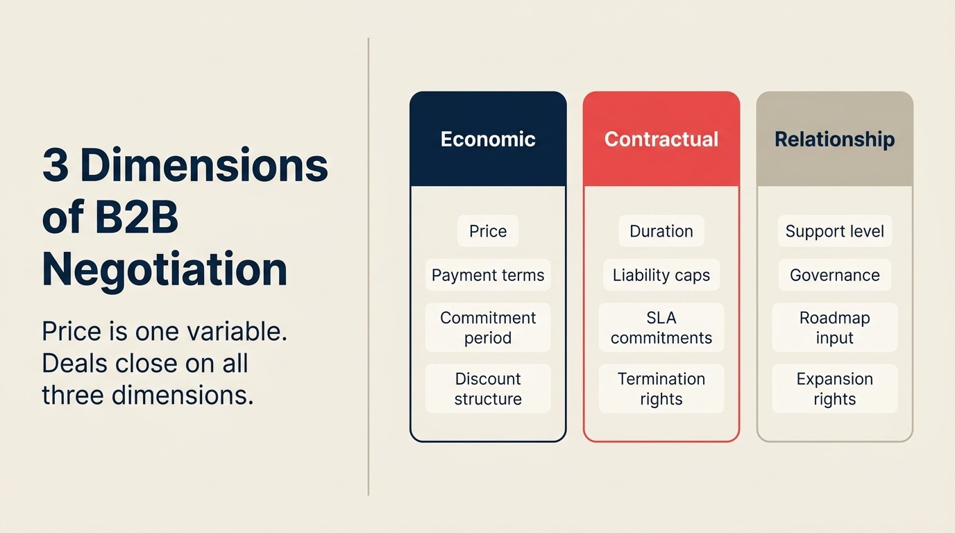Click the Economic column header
pos(488,139)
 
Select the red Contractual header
pos(661,139)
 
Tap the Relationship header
pos(834,139)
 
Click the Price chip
pos(488,231)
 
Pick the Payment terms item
pos(488,275)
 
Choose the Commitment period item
pos(488,328)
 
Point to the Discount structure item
pos(488,389)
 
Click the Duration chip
pos(661,231)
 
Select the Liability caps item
pos(661,275)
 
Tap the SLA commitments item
pos(661,328)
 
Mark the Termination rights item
pos(661,389)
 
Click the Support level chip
pos(834,231)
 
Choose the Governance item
pos(834,275)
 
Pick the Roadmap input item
pos(834,328)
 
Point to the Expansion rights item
pos(834,389)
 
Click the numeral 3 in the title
pos(56,166)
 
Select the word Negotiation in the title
pos(164,270)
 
